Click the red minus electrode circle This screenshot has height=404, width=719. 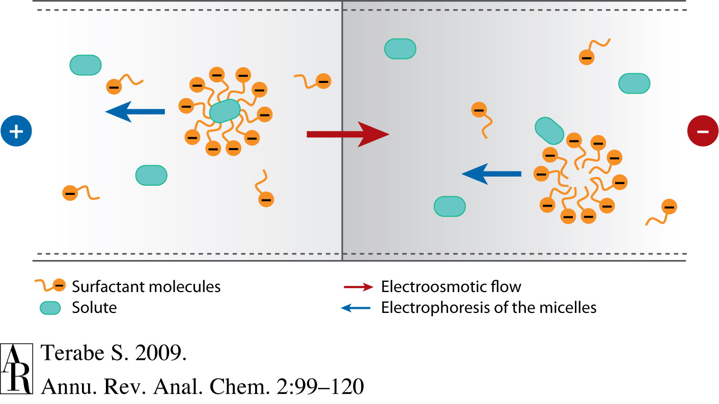click(x=702, y=131)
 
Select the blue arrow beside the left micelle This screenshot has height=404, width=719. click(x=135, y=111)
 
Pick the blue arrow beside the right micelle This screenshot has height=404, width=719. click(x=491, y=174)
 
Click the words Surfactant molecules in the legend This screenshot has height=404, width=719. click(x=146, y=286)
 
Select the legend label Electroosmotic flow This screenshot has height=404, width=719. click(x=451, y=286)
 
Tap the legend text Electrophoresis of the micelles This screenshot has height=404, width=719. click(x=489, y=307)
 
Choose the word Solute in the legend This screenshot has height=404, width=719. click(x=94, y=307)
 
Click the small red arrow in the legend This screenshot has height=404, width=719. click(x=358, y=287)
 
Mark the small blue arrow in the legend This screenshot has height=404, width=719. click(x=358, y=308)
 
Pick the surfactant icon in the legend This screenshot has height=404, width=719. click(x=50, y=286)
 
